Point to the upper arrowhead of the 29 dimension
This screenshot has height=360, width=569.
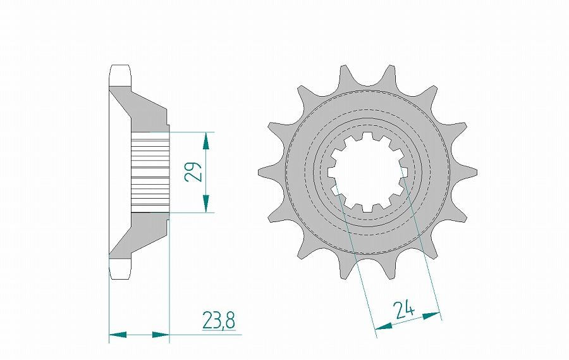(206, 140)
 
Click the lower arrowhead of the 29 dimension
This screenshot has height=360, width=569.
(206, 204)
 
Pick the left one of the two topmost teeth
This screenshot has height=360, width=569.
(345, 73)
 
